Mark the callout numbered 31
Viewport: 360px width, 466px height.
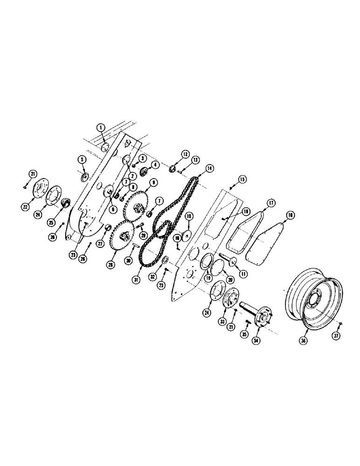point(136,280)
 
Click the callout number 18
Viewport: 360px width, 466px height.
point(290,215)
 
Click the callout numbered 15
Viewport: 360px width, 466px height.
point(242,179)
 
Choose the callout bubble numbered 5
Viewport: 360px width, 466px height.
point(82,159)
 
